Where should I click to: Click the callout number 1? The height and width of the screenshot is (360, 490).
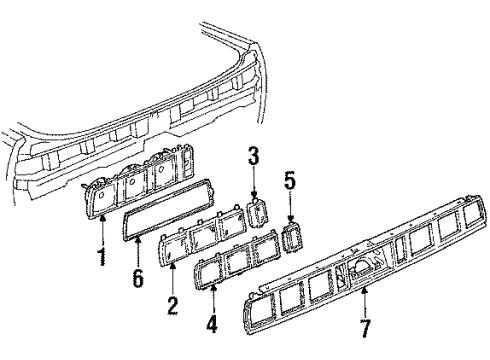click(102, 256)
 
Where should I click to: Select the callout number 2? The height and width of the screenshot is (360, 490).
click(172, 305)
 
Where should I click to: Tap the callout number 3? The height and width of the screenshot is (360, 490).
click(254, 156)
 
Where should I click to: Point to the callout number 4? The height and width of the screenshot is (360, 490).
click(212, 323)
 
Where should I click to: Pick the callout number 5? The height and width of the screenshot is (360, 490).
click(290, 182)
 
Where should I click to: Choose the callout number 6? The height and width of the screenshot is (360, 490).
click(138, 278)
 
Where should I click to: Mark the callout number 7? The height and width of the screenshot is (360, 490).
click(365, 328)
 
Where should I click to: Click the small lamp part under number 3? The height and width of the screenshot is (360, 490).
click(258, 212)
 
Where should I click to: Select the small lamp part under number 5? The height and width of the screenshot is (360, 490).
click(293, 237)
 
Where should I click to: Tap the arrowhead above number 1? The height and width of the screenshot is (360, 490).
click(103, 218)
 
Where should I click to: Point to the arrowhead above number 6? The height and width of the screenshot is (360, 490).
click(138, 238)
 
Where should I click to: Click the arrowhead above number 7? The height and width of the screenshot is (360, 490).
click(365, 291)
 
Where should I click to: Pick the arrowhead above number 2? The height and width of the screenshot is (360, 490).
click(173, 266)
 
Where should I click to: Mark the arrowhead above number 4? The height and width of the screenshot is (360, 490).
click(212, 287)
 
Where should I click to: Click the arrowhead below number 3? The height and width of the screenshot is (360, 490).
click(254, 196)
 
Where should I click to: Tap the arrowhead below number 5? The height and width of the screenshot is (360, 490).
click(290, 219)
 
